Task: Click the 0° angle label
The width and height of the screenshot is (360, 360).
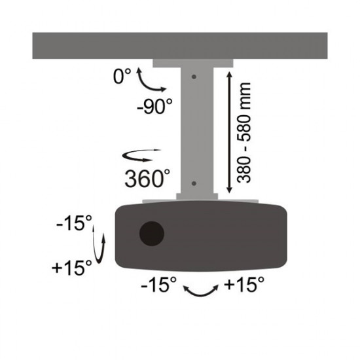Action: [121, 77]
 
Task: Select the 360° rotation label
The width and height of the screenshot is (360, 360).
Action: [147, 177]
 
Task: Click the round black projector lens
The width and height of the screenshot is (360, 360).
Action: [152, 232]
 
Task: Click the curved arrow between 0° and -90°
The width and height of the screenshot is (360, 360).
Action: [147, 84]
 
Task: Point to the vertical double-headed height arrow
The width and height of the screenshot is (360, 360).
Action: [228, 132]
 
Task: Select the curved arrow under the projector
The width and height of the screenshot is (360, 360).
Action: [200, 292]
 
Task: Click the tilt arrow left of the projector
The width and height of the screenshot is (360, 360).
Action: [100, 245]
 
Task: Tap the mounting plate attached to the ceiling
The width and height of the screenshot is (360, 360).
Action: [193, 63]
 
